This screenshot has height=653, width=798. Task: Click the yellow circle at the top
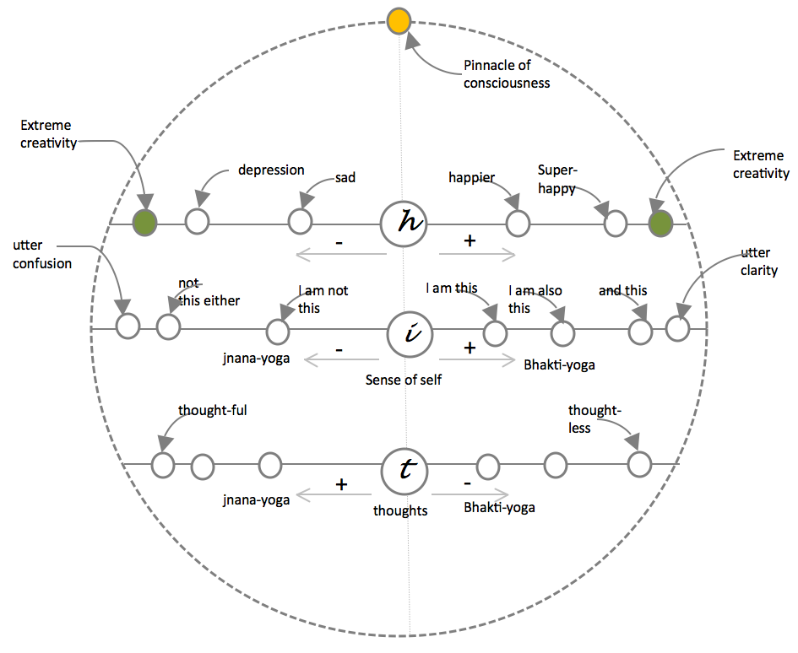399,21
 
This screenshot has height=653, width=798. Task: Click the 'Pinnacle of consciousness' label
507,73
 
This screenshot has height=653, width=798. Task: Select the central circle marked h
404,224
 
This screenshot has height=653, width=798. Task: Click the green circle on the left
146,223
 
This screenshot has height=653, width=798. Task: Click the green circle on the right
660,224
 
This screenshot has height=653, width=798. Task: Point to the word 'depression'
271,170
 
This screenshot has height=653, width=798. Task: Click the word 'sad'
345,177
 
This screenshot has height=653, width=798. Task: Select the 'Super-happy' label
556,180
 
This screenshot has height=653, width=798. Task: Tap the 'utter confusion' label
42,254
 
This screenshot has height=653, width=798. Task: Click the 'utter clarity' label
759,262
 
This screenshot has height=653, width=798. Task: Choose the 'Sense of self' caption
404,380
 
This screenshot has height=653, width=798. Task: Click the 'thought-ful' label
212,411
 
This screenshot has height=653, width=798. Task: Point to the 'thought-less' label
594,418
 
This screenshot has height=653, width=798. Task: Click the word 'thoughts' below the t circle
400,510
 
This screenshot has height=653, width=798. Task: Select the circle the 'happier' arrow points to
518,224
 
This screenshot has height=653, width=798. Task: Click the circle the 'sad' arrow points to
301,223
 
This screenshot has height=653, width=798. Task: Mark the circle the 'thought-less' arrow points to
639,463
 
